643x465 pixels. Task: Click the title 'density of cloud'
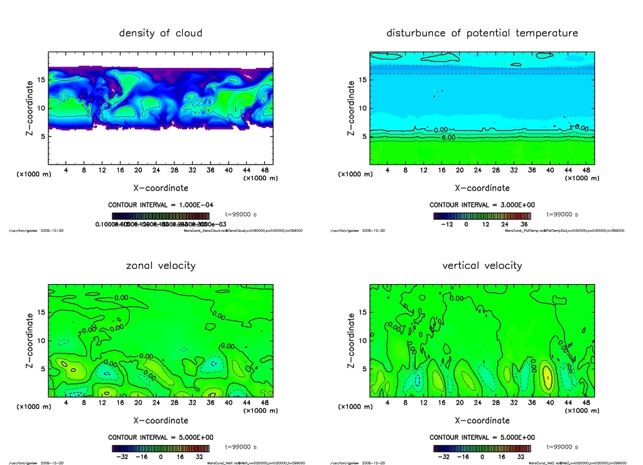pyautogui.click(x=161, y=33)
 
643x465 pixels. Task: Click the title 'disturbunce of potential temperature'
pyautogui.click(x=482, y=33)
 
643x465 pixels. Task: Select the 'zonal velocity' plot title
pyautogui.click(x=161, y=265)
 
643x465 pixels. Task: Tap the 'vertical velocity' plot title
pyautogui.click(x=482, y=265)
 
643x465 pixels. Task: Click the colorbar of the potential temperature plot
pyautogui.click(x=482, y=216)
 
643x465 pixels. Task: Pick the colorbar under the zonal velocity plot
pyautogui.click(x=161, y=449)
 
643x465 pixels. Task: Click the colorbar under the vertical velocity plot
pyautogui.click(x=482, y=449)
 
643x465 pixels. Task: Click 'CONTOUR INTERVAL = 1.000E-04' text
pyautogui.click(x=161, y=205)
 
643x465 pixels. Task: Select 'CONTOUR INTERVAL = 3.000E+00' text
pyautogui.click(x=482, y=205)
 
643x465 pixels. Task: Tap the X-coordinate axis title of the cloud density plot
pyautogui.click(x=161, y=187)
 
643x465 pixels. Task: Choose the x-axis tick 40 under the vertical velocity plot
pyautogui.click(x=550, y=403)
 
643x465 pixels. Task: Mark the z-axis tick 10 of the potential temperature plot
pyautogui.click(x=362, y=108)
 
